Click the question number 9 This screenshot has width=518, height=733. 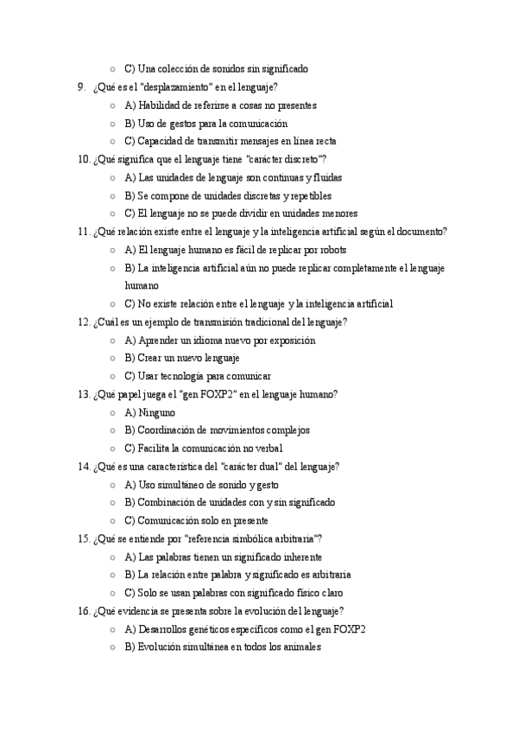[81, 87]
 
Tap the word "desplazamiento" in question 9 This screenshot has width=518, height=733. [180, 87]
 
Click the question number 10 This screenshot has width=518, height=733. [84, 160]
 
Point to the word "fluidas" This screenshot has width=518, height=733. [325, 178]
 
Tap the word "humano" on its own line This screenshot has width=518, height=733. [142, 285]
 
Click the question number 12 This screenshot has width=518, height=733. [84, 322]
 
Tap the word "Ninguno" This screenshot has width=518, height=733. [157, 413]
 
